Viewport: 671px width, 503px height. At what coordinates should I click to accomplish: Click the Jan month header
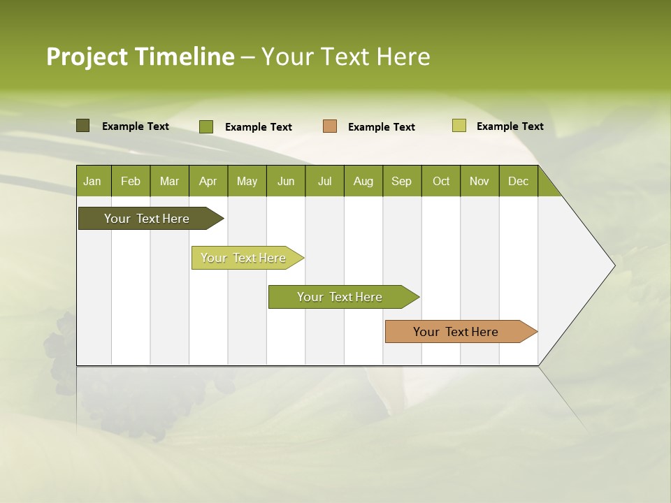(93, 182)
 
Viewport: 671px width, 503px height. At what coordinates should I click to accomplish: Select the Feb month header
(131, 182)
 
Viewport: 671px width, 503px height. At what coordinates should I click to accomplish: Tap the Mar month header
(169, 182)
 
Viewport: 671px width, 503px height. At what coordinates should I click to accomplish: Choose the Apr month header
(208, 182)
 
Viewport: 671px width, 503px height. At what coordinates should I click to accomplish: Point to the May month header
(247, 182)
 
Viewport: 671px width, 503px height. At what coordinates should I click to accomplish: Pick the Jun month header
(286, 182)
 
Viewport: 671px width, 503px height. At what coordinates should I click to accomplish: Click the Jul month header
(324, 182)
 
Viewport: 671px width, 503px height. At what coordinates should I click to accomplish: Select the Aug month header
(363, 182)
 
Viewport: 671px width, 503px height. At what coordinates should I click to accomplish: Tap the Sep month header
(402, 182)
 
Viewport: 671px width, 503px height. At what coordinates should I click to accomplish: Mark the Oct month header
(441, 182)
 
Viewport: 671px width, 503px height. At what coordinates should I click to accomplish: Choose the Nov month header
(479, 182)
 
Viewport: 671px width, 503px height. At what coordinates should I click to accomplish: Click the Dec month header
(519, 182)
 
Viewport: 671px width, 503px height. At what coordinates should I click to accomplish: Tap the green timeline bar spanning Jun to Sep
(340, 297)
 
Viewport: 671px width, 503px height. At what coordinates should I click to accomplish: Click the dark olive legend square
(83, 126)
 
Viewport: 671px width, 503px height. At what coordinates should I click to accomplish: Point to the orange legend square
(330, 126)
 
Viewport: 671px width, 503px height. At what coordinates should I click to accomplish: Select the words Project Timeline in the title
(140, 57)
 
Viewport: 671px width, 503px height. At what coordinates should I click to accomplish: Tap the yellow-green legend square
(459, 126)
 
